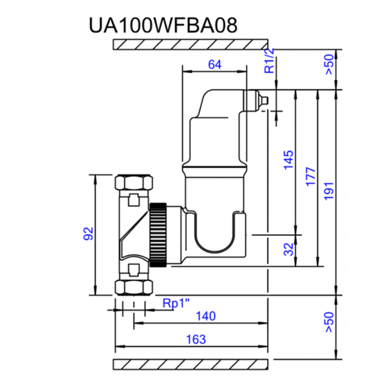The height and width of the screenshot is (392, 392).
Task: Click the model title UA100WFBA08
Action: pyautogui.click(x=163, y=26)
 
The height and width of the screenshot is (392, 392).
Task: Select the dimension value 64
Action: pyautogui.click(x=214, y=65)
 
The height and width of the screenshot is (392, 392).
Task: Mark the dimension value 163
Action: pyautogui.click(x=196, y=339)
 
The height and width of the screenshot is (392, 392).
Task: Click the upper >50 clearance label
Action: pyautogui.click(x=329, y=65)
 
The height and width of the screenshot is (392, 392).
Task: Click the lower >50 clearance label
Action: pyautogui.click(x=329, y=322)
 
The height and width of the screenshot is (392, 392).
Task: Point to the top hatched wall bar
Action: pyautogui.click(x=191, y=45)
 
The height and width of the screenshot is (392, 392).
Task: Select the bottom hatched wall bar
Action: pyautogui.click(x=191, y=364)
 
